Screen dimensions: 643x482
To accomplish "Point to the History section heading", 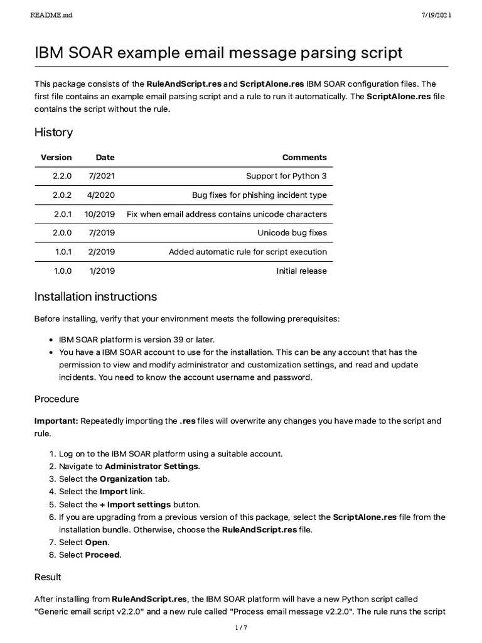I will click(53, 132).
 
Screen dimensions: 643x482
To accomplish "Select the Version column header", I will click(56, 158).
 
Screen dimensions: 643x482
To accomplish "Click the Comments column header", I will click(304, 158).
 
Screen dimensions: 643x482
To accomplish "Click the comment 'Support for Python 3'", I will click(286, 176).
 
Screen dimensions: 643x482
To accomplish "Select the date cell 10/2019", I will click(100, 214).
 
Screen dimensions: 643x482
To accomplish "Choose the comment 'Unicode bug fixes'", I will click(292, 233).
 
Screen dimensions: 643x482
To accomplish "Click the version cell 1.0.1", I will click(63, 252).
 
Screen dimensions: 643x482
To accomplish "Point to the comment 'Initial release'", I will click(301, 271).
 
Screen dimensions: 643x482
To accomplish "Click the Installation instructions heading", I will click(95, 296).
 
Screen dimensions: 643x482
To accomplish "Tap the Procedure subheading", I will click(56, 399).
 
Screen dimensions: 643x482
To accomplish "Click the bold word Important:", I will click(56, 421).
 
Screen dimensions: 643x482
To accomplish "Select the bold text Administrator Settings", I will click(152, 466).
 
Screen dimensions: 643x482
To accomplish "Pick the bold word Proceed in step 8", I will click(102, 554).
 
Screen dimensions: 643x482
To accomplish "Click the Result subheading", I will click(48, 576).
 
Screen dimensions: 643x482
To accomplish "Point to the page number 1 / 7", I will click(240, 627).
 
